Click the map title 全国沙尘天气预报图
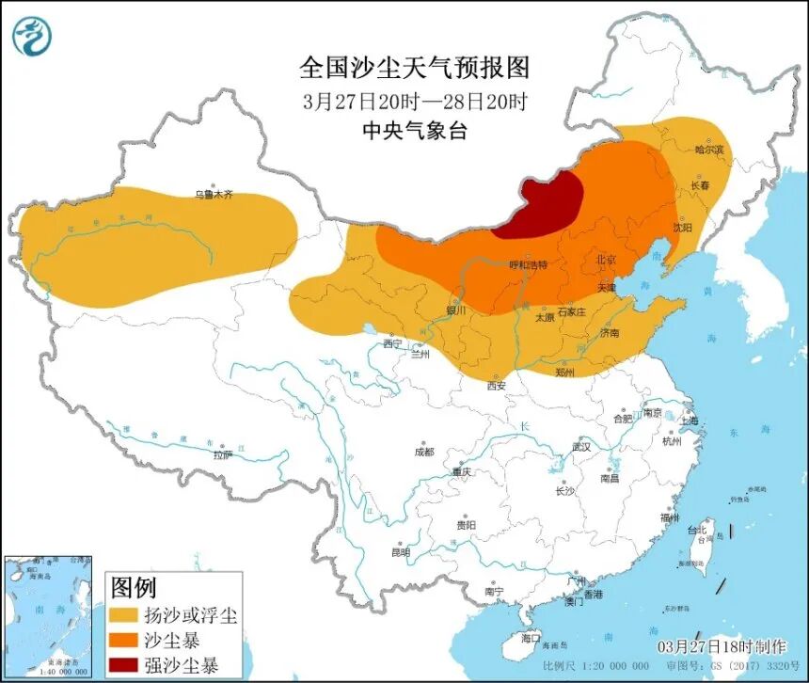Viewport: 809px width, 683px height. (415, 68)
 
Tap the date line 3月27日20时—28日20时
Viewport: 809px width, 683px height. (415, 101)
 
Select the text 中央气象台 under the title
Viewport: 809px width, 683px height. (415, 131)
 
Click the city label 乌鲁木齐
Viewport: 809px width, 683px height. (214, 195)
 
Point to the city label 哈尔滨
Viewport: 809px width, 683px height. (710, 150)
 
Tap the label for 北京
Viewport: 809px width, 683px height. (606, 259)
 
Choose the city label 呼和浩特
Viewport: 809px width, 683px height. (528, 264)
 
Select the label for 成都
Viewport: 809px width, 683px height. (424, 452)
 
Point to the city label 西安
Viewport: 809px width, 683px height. (497, 386)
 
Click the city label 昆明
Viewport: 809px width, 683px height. (401, 552)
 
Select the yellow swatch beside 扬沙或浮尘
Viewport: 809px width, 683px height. (122, 617)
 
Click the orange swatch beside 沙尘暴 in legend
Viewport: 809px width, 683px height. (122, 642)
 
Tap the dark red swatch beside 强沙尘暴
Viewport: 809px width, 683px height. (122, 666)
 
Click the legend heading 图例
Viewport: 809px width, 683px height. (134, 589)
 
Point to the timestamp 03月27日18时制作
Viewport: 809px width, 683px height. (722, 647)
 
